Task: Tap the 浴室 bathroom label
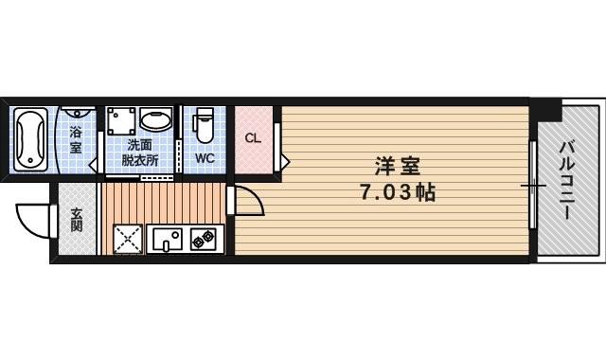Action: coord(76,140)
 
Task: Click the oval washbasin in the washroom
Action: coord(155,120)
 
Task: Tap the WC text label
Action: coord(205,158)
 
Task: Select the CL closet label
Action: coord(252,138)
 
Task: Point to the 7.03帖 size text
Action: coord(397,192)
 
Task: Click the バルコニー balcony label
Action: coord(567,180)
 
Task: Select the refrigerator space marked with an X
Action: coord(127,239)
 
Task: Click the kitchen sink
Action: coord(167,239)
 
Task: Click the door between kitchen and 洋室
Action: coord(244,202)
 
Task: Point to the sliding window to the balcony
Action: coord(533,185)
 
